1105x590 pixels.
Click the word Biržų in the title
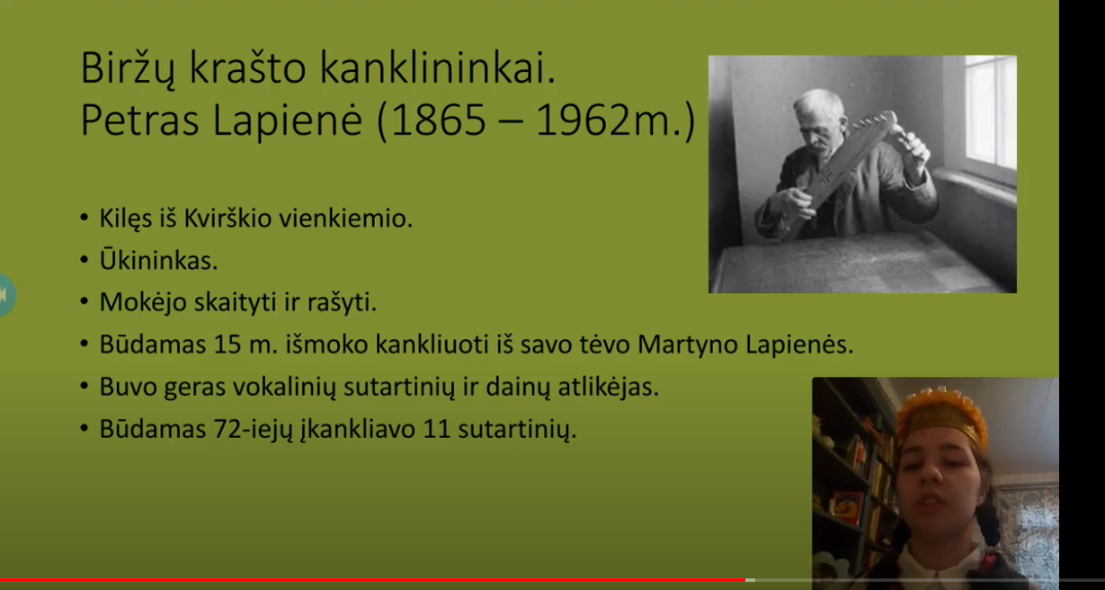[x=128, y=69]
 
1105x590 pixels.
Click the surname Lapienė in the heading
[x=288, y=121]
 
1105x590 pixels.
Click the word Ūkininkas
[x=158, y=260]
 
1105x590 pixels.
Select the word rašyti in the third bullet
[x=342, y=302]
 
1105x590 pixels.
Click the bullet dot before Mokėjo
[x=84, y=301]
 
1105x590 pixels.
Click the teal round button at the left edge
[x=6, y=295]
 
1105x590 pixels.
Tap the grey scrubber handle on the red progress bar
[x=750, y=580]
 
